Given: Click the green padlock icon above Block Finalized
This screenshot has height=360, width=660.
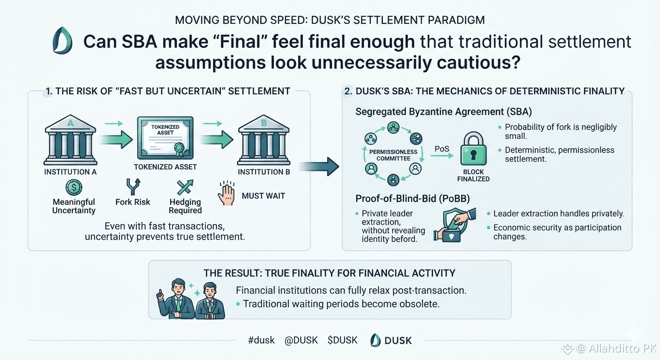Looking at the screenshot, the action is pos(473,148).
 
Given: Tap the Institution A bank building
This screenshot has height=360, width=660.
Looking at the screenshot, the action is pos(70,140).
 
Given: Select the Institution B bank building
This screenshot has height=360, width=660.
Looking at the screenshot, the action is pos(264,140).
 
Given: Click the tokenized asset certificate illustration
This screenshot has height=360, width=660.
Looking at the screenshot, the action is pos(165,138).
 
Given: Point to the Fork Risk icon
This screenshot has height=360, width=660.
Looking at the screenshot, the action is pos(133,187).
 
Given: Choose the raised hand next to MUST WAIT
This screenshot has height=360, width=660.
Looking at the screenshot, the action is pos(226,193).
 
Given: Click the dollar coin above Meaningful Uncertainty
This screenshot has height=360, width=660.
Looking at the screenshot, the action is pos(74,187).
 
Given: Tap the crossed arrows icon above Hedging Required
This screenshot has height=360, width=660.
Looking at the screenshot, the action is pos(185,187).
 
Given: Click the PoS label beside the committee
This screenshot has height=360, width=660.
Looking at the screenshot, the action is pos(442,149).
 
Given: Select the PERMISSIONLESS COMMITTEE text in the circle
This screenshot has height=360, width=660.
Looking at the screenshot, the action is pos(393,155).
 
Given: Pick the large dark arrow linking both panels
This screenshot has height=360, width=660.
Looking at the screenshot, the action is pos(319,166).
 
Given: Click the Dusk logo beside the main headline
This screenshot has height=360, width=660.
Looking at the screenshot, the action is pos(62,40).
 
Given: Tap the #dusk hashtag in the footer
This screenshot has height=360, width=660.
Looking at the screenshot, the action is pos(261,340).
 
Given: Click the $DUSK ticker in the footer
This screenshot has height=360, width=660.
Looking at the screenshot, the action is pos(342,340).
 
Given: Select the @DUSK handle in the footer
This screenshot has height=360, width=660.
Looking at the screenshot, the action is pos(301,340).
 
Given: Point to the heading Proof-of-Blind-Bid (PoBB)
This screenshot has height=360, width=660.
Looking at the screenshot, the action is pos(412,199).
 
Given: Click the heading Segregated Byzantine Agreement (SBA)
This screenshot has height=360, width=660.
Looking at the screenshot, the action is pos(443,112).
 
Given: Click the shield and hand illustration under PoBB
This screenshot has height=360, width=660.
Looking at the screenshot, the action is pos(455,225).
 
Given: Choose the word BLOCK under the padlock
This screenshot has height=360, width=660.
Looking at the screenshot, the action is pos(473,172).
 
